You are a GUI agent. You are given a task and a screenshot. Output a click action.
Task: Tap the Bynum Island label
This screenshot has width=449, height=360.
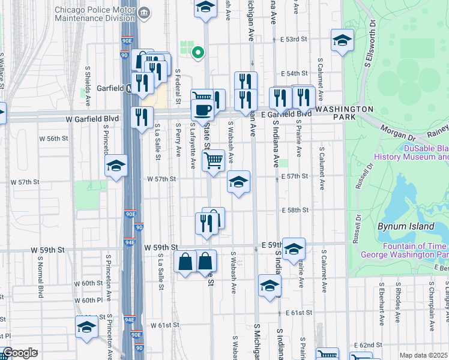coord(405,226)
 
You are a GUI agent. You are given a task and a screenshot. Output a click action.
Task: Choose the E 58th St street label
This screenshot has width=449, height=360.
coord(295,210)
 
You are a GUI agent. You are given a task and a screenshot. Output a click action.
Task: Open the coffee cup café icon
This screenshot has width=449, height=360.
coord(202,109)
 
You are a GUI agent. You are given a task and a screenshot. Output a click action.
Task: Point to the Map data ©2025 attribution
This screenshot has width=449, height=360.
coord(423,355)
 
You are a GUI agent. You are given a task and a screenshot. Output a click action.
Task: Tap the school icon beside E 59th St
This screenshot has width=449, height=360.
coord(294,248)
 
